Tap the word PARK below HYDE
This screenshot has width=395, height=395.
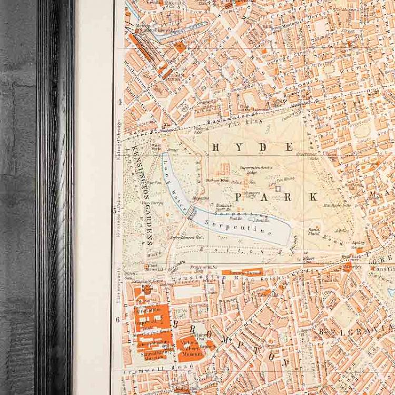pos(276,197)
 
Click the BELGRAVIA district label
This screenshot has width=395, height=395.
pos(350,332)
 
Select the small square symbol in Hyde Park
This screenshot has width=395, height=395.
pos(278,188)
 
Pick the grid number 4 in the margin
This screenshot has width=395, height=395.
pos(120,102)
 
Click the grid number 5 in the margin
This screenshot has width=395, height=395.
pos(115,211)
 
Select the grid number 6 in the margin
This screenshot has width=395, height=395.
pos(117,319)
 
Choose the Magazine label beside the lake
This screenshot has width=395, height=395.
pos(201,199)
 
